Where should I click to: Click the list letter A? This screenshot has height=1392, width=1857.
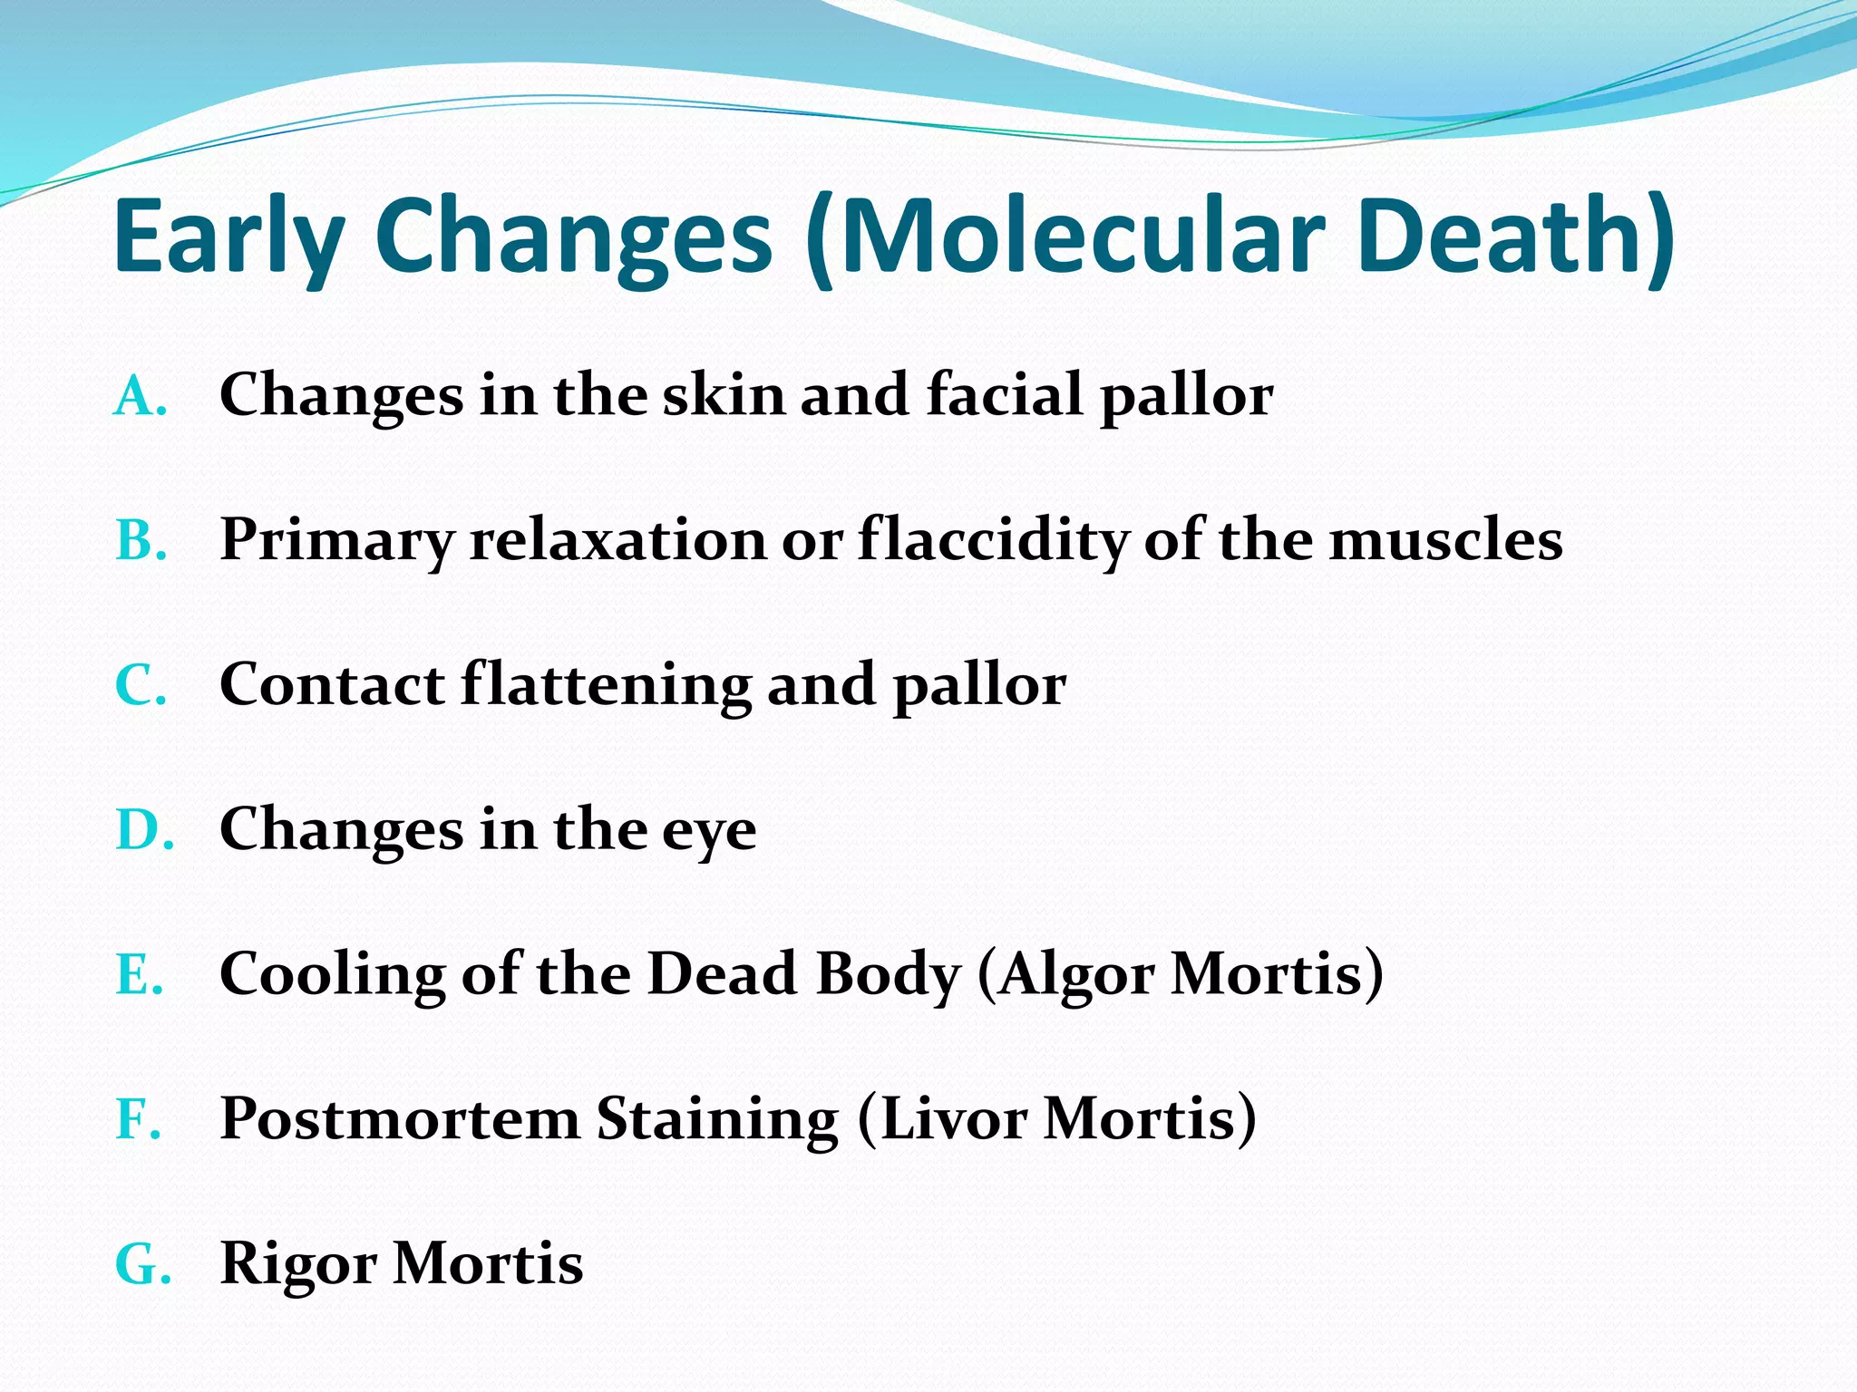(x=141, y=397)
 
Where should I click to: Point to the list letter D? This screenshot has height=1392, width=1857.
(x=144, y=830)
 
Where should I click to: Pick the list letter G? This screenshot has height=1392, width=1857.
(x=143, y=1264)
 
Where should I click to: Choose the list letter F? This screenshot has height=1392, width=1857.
(x=139, y=1119)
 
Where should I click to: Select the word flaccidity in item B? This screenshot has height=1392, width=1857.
(x=993, y=541)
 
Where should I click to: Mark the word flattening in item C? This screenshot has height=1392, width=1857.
(x=606, y=684)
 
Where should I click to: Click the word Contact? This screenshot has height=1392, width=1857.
(x=332, y=684)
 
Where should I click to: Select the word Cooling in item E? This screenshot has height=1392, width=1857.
(x=332, y=975)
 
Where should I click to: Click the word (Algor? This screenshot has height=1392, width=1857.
(x=1065, y=975)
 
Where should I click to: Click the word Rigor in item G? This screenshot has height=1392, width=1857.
(x=298, y=1265)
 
